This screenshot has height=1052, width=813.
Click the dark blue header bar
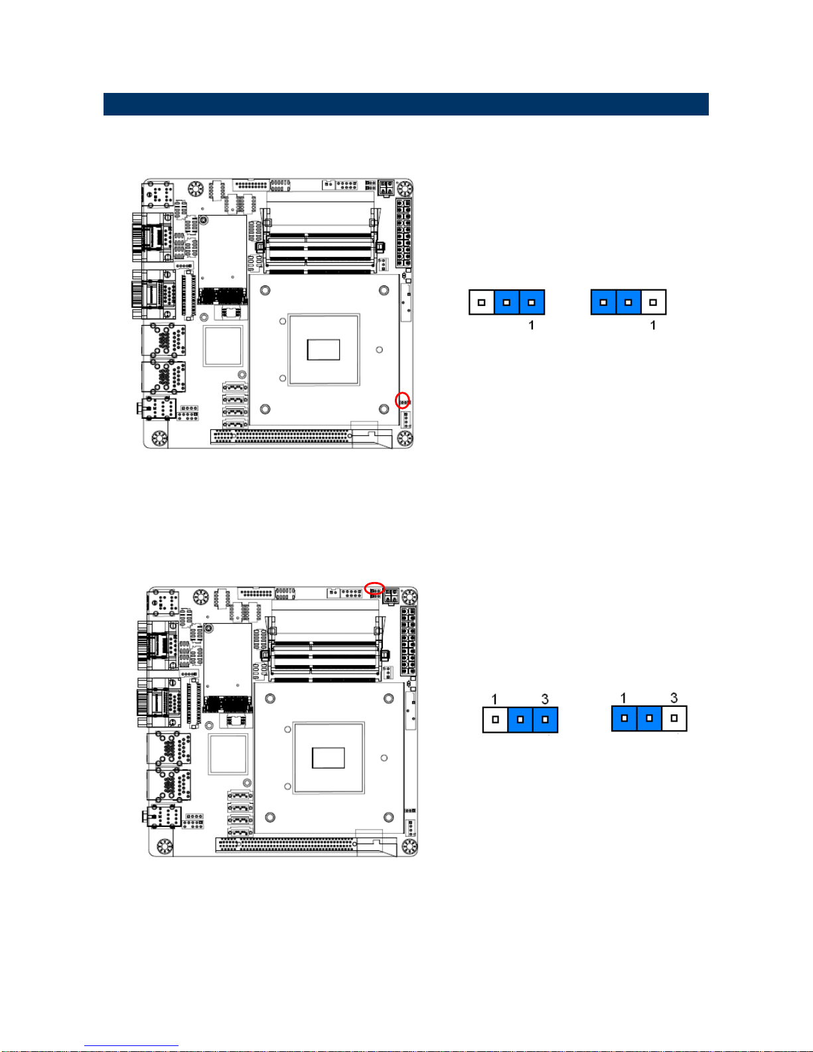coord(406,104)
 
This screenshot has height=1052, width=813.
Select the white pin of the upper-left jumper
coord(482,303)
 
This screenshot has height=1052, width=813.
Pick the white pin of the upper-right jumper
coord(653,303)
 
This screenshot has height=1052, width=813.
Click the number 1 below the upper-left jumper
coord(532,325)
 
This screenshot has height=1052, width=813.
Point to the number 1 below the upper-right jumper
coord(653,325)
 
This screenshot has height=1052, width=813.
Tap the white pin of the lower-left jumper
coord(495,719)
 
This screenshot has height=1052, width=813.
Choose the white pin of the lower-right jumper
coord(674,718)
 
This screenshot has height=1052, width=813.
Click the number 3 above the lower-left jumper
coord(545,699)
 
